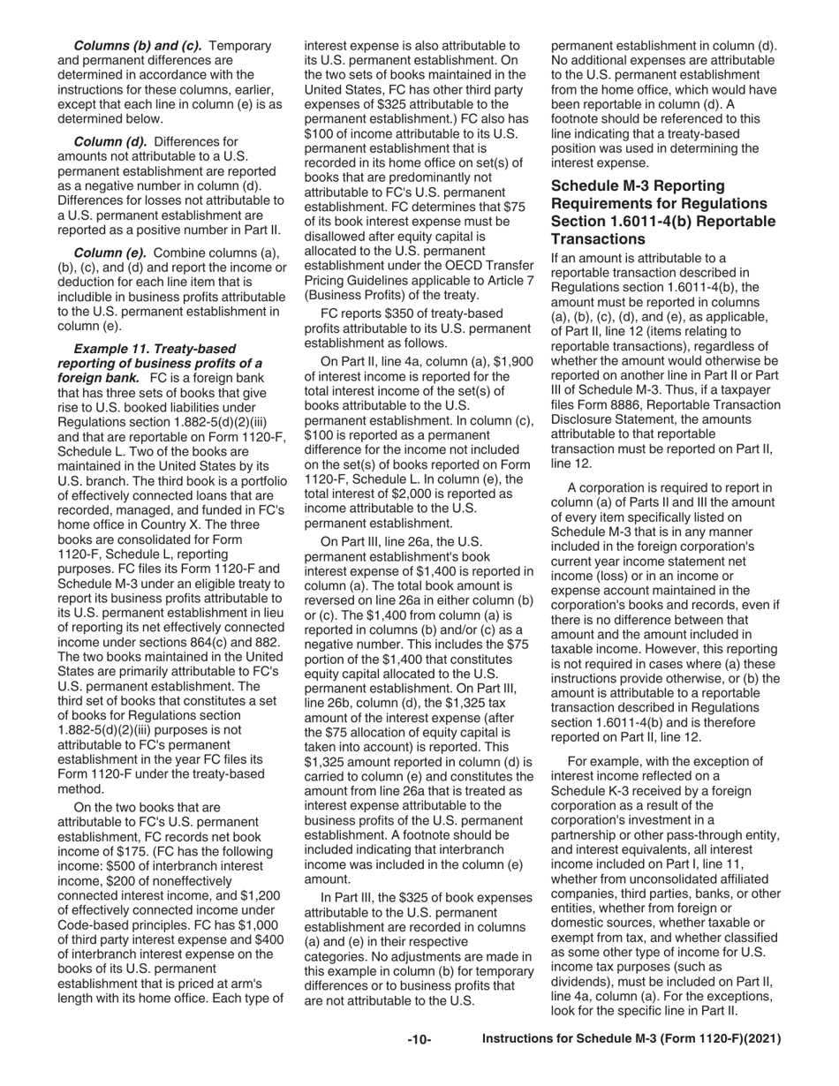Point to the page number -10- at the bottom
pos(419,1040)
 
